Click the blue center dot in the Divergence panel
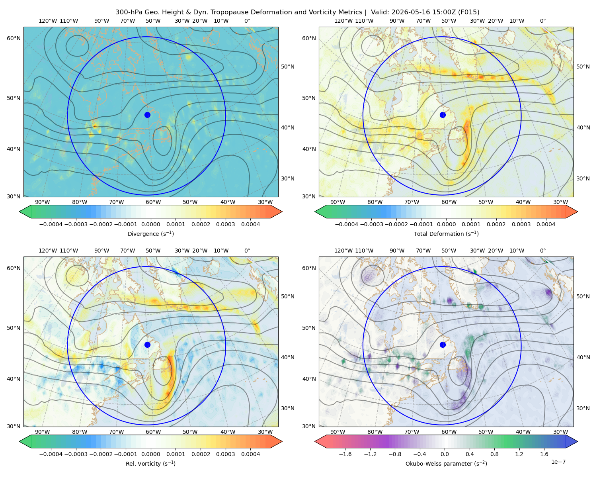tap(147, 115)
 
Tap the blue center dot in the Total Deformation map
tap(443, 115)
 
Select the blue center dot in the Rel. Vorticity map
tap(147, 345)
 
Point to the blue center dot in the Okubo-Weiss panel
tap(443, 345)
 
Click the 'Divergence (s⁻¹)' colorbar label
tap(150, 233)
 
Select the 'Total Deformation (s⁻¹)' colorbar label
tap(446, 233)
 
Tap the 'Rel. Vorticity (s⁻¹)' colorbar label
tap(150, 463)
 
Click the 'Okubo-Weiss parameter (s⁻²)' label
tap(446, 463)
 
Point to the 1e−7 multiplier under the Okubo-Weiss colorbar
tap(558, 462)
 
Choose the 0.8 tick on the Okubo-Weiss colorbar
tap(494, 454)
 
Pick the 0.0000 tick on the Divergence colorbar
tap(150, 224)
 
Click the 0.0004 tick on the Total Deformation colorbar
tap(546, 224)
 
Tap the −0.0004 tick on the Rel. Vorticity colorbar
tap(51, 454)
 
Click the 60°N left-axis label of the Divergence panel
tap(14, 38)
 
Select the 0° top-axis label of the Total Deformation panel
tap(542, 21)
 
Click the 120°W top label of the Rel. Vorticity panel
tap(48, 251)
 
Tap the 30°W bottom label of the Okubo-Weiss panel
tap(560, 432)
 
